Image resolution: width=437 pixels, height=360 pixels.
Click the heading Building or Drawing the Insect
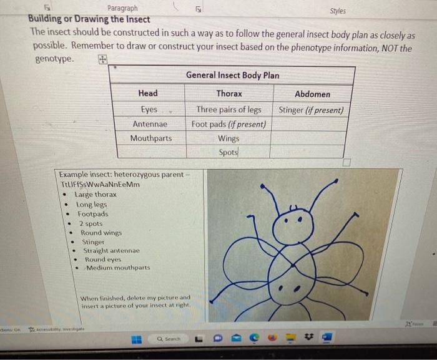(89, 19)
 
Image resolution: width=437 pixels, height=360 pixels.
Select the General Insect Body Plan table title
(232, 75)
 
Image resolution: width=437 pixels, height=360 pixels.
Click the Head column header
(148, 94)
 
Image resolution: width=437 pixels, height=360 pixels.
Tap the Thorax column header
(229, 94)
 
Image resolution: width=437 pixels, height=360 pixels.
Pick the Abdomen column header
(312, 94)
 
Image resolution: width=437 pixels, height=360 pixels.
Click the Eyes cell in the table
(149, 109)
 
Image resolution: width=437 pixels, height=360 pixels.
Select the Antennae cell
(150, 124)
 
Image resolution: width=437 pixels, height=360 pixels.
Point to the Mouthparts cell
(150, 138)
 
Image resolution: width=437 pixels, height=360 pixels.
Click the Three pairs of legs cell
(229, 110)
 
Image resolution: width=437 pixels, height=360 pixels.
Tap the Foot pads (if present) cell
(229, 124)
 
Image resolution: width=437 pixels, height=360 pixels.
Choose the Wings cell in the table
(229, 138)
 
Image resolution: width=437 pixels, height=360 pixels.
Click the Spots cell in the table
(229, 152)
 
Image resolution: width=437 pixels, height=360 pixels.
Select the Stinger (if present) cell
(311, 110)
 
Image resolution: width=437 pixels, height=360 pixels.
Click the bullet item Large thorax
(96, 195)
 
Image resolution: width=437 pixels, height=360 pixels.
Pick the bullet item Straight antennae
(111, 250)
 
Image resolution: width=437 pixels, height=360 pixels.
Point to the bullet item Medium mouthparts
(118, 268)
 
